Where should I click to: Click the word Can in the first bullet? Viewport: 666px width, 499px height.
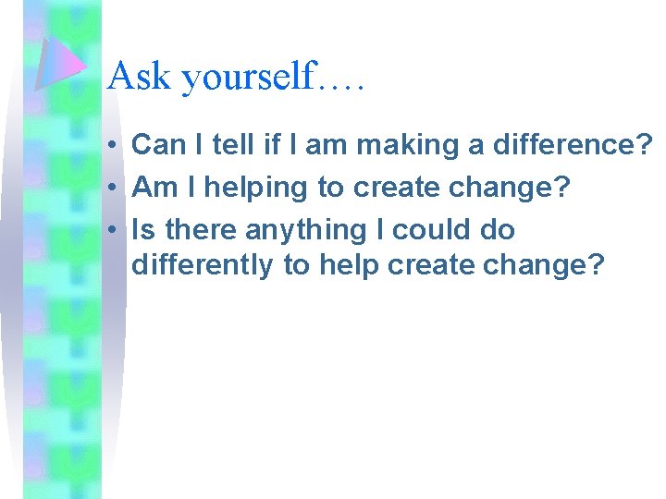pyautogui.click(x=158, y=144)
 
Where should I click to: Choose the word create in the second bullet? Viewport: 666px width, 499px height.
pyautogui.click(x=390, y=187)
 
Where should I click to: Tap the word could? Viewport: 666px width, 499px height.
pyautogui.click(x=429, y=228)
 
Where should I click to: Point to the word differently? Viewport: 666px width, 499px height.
pyautogui.click(x=203, y=266)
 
